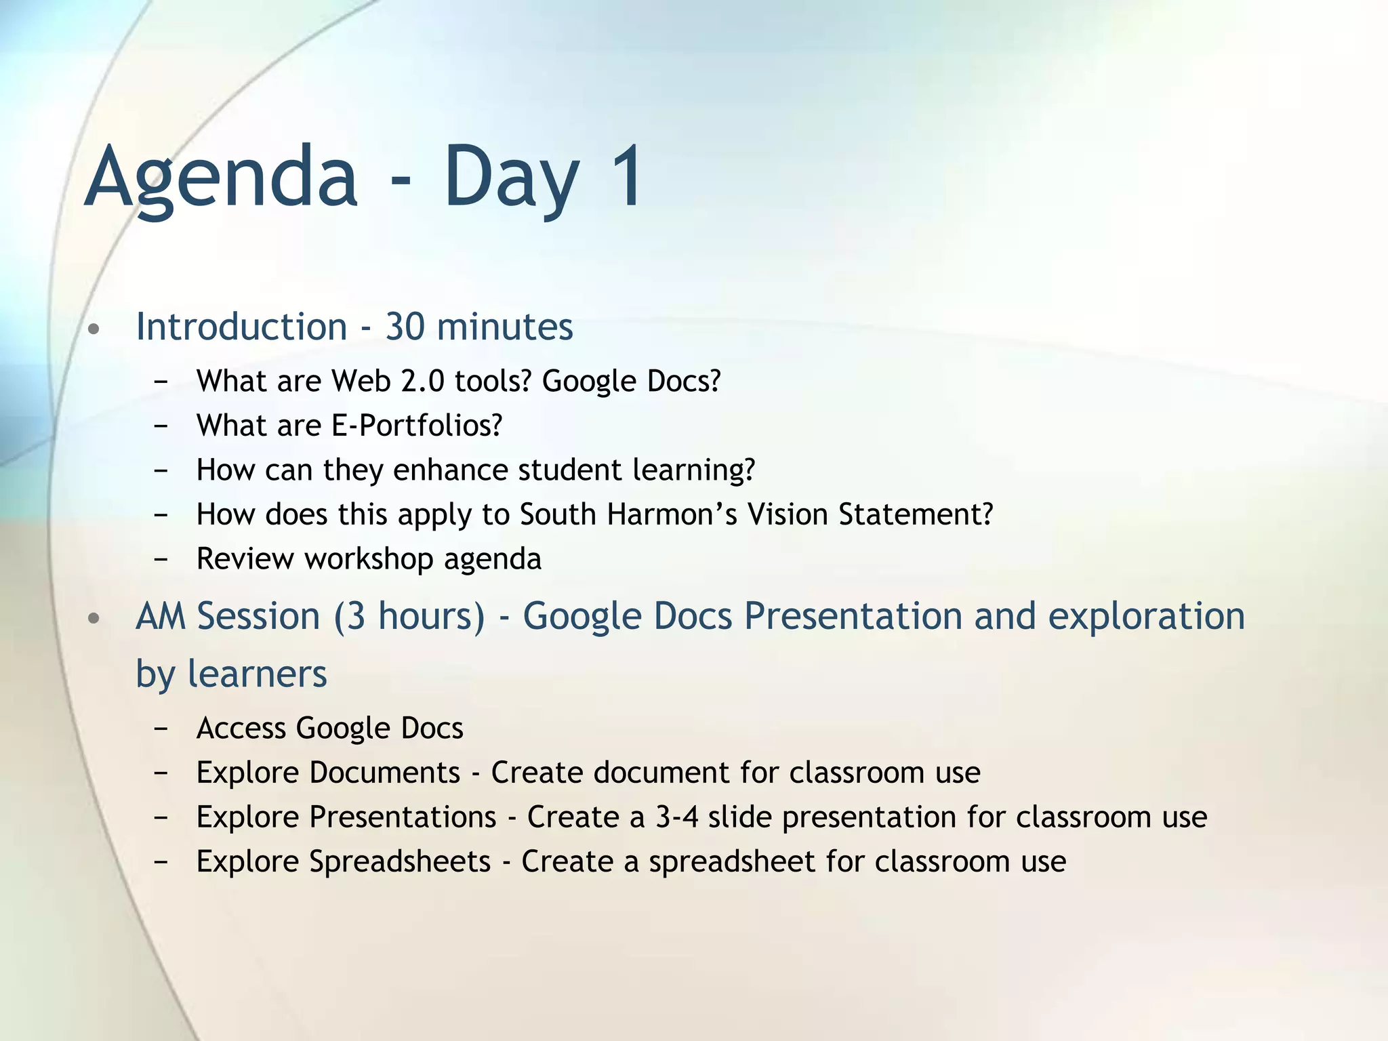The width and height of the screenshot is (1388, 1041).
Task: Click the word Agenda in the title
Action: (221, 178)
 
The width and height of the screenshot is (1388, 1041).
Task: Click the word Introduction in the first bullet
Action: (241, 327)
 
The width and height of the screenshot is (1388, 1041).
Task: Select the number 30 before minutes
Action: (405, 327)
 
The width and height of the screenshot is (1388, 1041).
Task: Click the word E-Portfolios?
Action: (417, 426)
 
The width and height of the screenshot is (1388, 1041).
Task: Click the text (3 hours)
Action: (409, 617)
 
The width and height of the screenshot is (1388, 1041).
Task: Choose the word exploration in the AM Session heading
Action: (1146, 617)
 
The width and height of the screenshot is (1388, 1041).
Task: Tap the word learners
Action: (257, 674)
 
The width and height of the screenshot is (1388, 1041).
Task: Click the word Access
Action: (241, 728)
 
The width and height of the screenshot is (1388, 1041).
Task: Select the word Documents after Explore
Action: (385, 773)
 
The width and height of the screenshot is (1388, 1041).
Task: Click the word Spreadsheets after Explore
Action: (400, 861)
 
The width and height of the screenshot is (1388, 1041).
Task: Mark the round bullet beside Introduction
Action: (94, 329)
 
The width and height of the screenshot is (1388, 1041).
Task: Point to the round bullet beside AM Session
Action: (94, 618)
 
